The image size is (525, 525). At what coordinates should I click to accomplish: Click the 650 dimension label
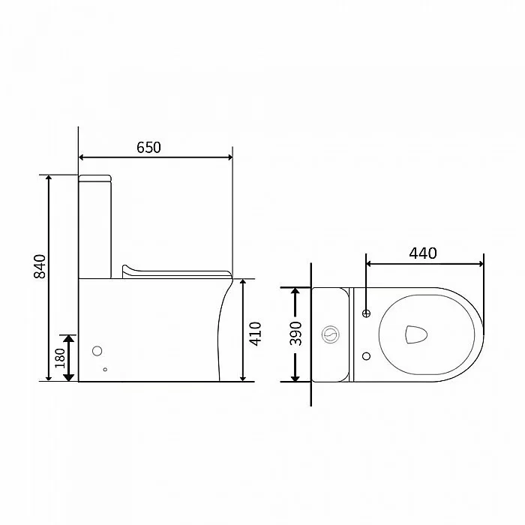pyautogui.click(x=148, y=147)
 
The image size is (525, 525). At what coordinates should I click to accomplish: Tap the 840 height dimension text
pyautogui.click(x=40, y=266)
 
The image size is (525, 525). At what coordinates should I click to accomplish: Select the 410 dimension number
pyautogui.click(x=256, y=334)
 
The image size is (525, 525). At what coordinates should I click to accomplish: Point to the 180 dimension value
pyautogui.click(x=60, y=358)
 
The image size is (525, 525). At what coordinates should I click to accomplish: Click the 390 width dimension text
pyautogui.click(x=295, y=334)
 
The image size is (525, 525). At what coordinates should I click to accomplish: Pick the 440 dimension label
pyautogui.click(x=423, y=253)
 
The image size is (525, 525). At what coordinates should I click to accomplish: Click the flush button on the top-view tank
pyautogui.click(x=331, y=334)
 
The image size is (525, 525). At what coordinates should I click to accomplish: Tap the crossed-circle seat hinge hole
pyautogui.click(x=366, y=313)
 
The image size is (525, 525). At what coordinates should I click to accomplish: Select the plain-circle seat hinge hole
pyautogui.click(x=366, y=356)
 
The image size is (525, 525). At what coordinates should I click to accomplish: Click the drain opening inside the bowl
pyautogui.click(x=416, y=334)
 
